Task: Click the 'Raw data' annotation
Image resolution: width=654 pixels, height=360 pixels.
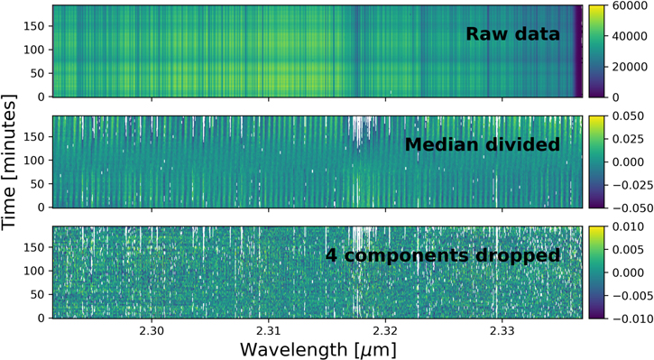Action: tap(512, 35)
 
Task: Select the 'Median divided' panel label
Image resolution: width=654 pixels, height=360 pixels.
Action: tap(482, 145)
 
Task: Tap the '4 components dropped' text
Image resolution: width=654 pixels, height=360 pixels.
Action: tap(442, 255)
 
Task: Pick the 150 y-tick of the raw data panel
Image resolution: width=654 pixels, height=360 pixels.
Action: tap(34, 26)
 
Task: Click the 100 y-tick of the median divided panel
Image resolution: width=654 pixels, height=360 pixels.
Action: tap(34, 160)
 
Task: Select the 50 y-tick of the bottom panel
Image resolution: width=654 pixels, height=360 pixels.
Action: tap(38, 294)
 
